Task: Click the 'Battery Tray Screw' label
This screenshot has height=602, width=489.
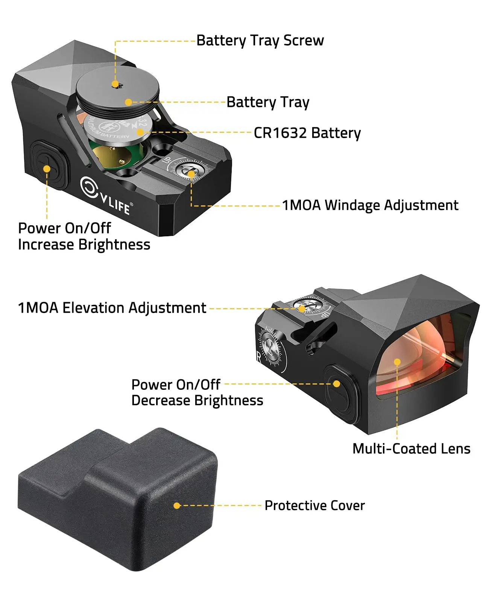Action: click(260, 41)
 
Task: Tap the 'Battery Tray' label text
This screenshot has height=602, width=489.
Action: click(268, 102)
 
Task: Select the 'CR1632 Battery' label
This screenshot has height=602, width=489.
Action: click(307, 133)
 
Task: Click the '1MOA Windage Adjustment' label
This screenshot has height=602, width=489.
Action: click(370, 205)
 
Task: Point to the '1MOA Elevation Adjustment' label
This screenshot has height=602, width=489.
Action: click(112, 308)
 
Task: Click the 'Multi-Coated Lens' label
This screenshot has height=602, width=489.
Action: click(411, 449)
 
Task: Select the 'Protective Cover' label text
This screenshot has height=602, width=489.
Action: click(314, 506)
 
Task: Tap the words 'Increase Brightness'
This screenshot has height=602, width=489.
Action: click(84, 245)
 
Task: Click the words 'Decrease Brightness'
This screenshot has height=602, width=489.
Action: click(197, 401)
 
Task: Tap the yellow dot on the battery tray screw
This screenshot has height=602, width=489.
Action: click(115, 84)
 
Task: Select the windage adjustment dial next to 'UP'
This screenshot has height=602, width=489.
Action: click(190, 172)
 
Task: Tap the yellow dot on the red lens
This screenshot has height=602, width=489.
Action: click(397, 362)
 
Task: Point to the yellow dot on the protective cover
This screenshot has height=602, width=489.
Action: click(177, 506)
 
